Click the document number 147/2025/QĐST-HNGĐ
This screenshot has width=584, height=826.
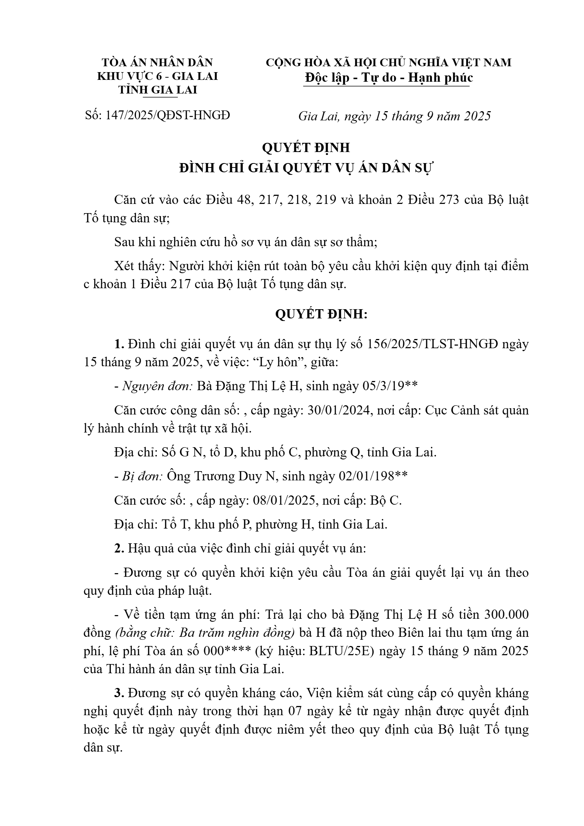coord(168,115)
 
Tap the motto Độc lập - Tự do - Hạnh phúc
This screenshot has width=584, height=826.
coord(389,78)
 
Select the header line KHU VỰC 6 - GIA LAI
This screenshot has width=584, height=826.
coord(157,76)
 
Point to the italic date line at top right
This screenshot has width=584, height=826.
coord(394,116)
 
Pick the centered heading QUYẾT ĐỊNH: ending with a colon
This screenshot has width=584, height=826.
coord(321,314)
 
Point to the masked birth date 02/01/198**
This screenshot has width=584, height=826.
coord(373,476)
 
